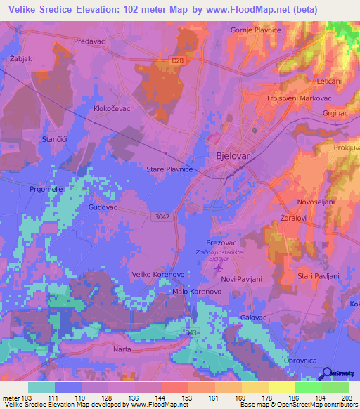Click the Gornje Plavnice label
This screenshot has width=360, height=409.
(256, 30)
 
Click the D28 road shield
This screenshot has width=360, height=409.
(179, 61)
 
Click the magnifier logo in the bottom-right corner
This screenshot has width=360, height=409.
(326, 374)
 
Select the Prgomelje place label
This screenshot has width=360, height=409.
(46, 189)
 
